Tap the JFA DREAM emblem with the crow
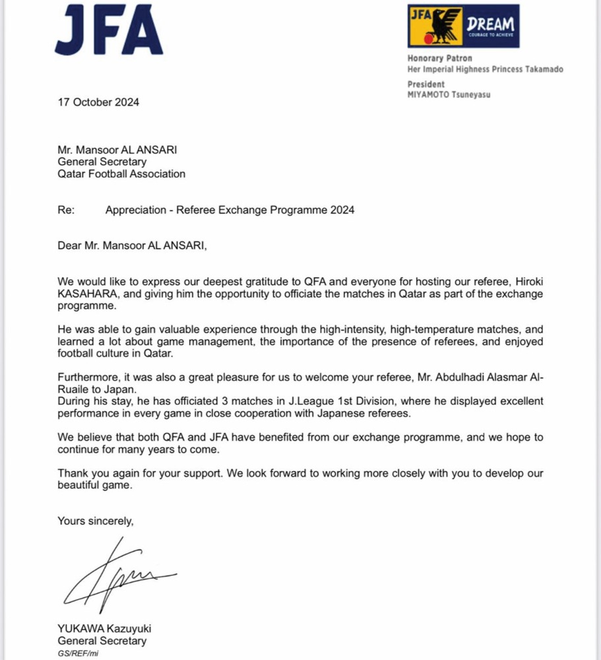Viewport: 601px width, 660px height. pyautogui.click(x=463, y=26)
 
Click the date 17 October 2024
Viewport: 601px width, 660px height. pyautogui.click(x=98, y=102)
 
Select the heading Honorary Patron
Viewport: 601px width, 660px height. pyautogui.click(x=440, y=59)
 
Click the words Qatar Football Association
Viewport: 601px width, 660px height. pyautogui.click(x=121, y=174)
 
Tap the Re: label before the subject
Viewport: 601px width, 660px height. pyautogui.click(x=66, y=210)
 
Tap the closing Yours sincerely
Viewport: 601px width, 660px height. pyautogui.click(x=96, y=521)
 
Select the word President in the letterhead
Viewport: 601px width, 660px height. pyautogui.click(x=426, y=84)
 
